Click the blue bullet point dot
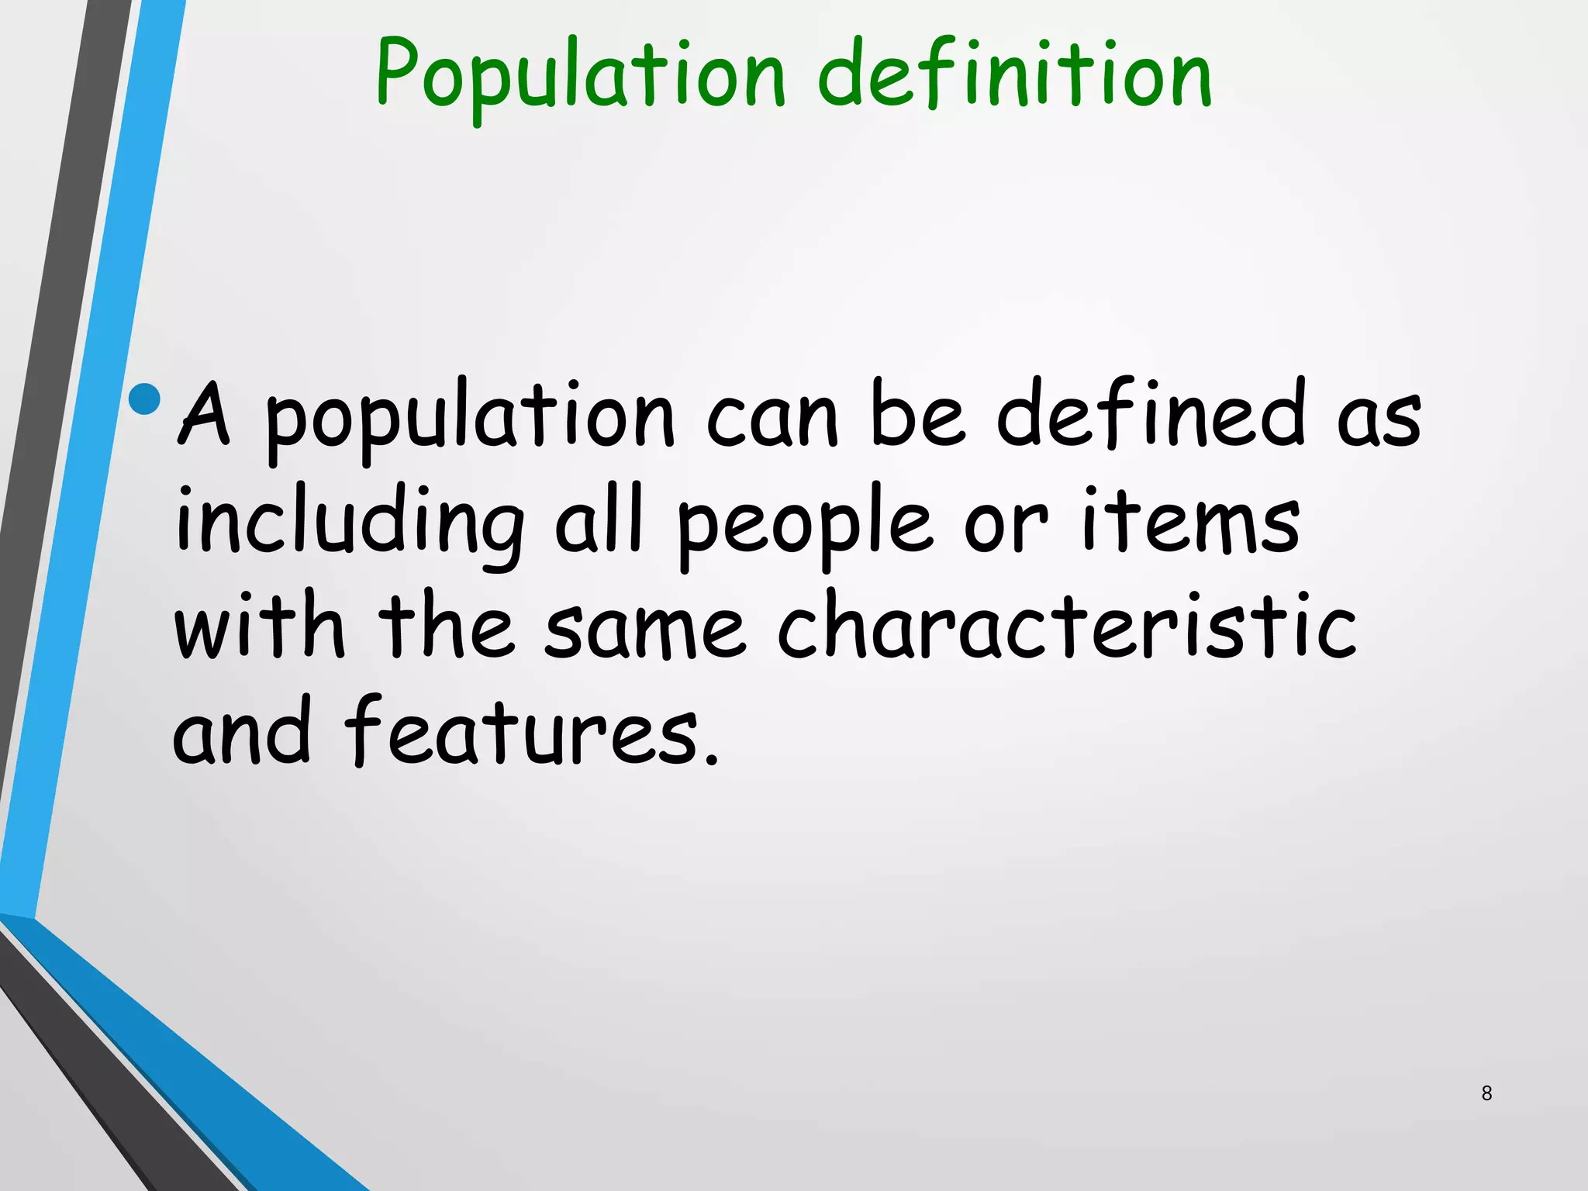(x=145, y=399)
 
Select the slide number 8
(x=1486, y=1093)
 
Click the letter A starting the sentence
(x=205, y=415)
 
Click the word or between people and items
(x=1005, y=527)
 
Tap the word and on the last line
(x=241, y=733)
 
